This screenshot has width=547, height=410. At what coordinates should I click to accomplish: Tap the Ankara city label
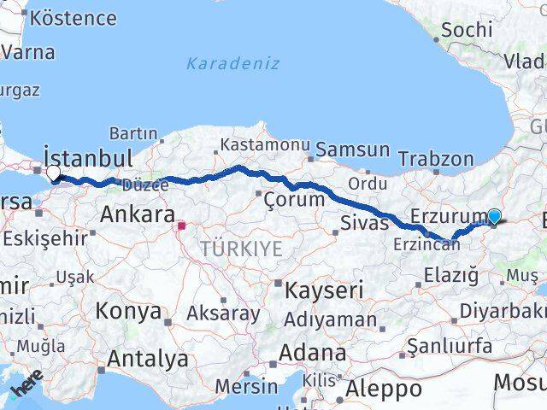click(x=138, y=214)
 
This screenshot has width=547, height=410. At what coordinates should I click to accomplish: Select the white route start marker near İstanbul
click(x=53, y=173)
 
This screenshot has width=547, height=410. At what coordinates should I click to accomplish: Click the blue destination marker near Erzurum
click(x=493, y=217)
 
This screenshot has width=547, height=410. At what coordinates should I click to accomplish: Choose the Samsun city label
click(x=353, y=149)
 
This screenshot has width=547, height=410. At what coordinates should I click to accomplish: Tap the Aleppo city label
click(x=384, y=389)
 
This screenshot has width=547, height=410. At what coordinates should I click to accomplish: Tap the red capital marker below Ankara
click(x=181, y=226)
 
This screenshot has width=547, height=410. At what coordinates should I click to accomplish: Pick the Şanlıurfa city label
click(x=450, y=345)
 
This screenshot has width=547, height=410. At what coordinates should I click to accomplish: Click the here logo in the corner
click(x=26, y=390)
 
